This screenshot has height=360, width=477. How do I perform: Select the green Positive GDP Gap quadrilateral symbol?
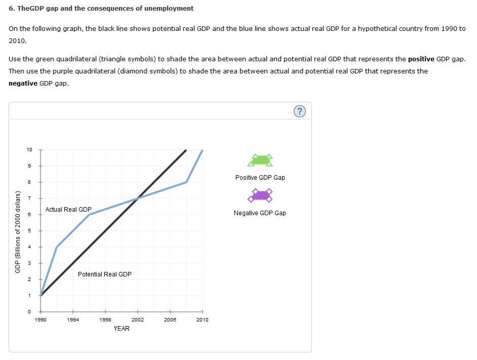(x=260, y=161)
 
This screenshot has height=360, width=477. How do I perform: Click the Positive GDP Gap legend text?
(x=260, y=178)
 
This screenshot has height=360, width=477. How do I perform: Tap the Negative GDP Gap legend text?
(x=260, y=213)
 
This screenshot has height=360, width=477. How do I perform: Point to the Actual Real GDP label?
(x=68, y=210)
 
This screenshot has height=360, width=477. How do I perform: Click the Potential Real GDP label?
(x=104, y=274)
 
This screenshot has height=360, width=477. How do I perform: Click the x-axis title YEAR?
(x=122, y=329)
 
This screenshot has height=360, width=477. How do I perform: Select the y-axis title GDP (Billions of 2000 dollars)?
(x=17, y=231)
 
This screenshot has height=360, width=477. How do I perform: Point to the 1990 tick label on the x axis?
(x=41, y=320)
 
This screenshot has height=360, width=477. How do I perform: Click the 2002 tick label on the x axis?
(x=138, y=320)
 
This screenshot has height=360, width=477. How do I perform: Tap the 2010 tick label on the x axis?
(x=203, y=320)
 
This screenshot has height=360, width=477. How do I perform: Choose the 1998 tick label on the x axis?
(x=105, y=320)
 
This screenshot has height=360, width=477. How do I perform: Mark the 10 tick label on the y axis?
(x=29, y=150)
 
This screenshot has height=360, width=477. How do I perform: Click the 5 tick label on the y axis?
(x=29, y=231)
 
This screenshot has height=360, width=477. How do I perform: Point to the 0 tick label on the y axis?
(x=29, y=312)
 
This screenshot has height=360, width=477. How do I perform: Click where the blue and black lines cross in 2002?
(x=138, y=198)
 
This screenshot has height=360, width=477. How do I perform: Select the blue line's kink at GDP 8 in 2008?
(x=186, y=182)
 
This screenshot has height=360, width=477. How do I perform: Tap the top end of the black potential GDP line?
(x=186, y=150)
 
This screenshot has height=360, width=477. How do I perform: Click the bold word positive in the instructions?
(x=421, y=59)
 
